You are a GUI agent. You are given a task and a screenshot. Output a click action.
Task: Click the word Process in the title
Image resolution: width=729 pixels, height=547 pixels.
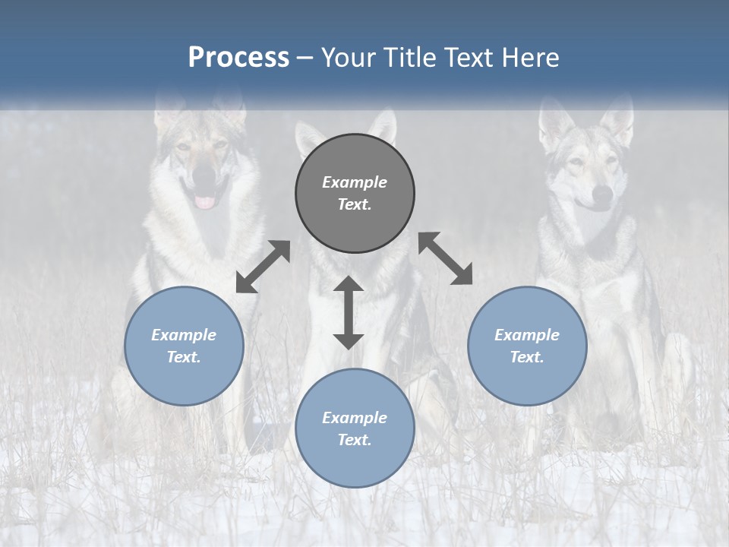click(x=238, y=58)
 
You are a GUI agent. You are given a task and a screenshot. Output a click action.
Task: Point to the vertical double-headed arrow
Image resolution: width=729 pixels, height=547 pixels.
click(x=349, y=313)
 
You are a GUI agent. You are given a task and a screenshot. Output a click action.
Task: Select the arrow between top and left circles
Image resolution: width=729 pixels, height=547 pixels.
click(x=263, y=267)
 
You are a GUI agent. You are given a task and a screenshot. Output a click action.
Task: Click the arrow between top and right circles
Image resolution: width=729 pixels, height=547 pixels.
click(x=446, y=258)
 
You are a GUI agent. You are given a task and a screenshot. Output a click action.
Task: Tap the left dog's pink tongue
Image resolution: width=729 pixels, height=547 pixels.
click(x=205, y=201)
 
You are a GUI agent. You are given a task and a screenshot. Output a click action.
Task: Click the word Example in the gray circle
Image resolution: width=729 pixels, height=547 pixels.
click(x=355, y=182)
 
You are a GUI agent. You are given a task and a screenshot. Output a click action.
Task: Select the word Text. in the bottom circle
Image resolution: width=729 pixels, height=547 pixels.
click(x=355, y=440)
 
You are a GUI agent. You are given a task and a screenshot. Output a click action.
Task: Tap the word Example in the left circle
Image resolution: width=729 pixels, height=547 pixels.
click(x=184, y=335)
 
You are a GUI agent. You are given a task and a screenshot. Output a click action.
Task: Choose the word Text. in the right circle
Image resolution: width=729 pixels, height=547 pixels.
click(x=527, y=357)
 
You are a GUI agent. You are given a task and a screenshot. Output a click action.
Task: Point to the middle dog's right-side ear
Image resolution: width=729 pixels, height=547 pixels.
click(x=384, y=125)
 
